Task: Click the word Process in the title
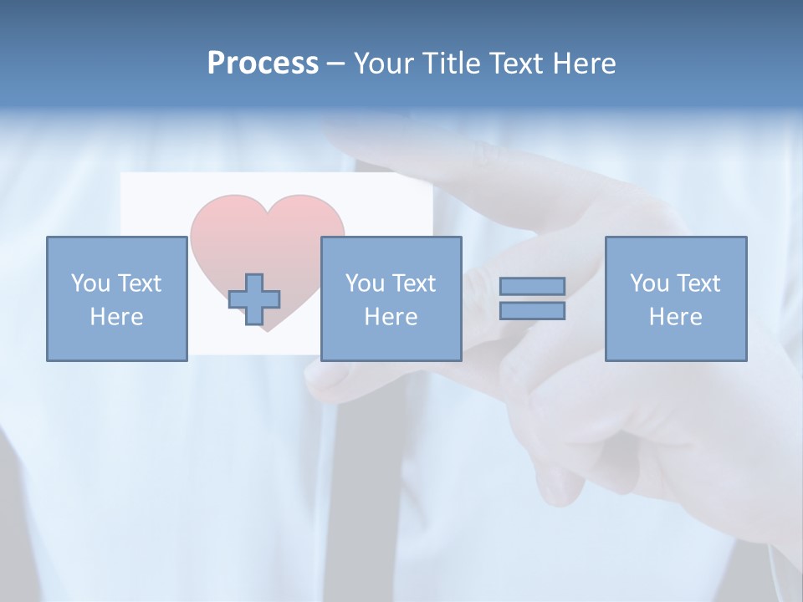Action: [x=263, y=64]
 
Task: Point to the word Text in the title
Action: [x=523, y=64]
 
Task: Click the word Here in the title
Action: [x=587, y=64]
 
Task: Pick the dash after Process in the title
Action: [x=336, y=65]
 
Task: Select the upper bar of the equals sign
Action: [x=532, y=286]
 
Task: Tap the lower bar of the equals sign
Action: [x=532, y=311]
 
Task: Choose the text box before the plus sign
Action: [x=117, y=298]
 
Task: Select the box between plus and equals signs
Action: [x=391, y=298]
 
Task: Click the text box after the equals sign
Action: [x=676, y=298]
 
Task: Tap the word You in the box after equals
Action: [x=649, y=283]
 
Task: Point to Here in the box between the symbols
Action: [x=391, y=317]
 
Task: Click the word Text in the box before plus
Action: [x=139, y=283]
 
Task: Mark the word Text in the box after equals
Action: [x=698, y=283]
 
